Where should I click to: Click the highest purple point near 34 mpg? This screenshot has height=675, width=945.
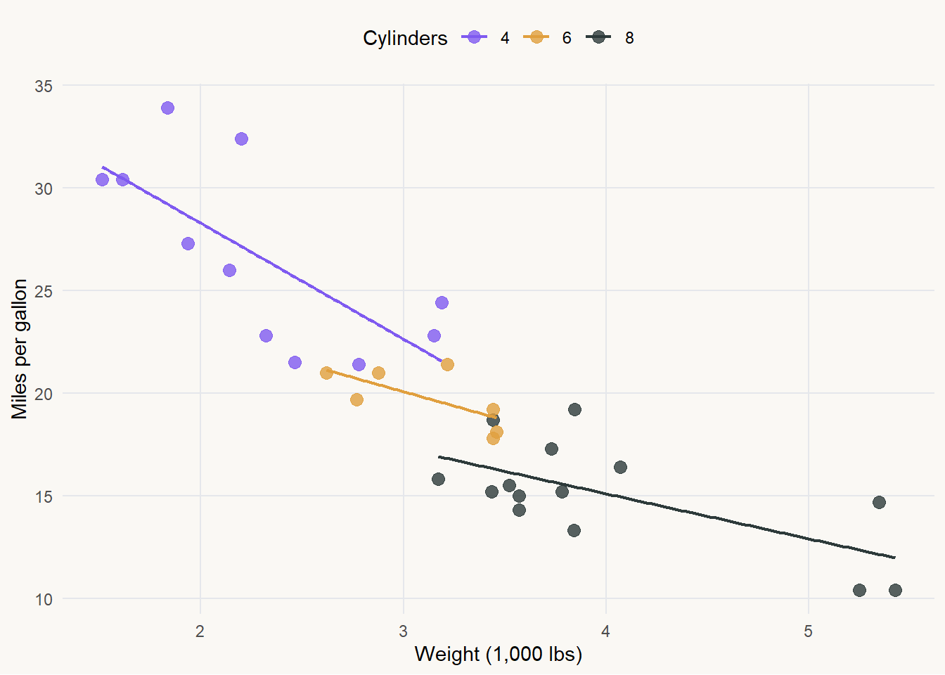pos(167,108)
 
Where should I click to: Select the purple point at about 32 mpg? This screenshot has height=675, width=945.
pos(241,139)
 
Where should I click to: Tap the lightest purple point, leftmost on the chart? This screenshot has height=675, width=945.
pos(102,180)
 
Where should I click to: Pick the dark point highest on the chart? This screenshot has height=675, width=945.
pos(574,410)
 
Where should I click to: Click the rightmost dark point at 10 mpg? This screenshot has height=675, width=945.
pos(895,590)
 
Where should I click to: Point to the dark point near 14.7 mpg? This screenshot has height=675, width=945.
pos(879,502)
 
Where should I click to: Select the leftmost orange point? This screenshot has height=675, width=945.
pos(326,373)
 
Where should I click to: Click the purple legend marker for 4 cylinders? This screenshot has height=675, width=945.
pos(475,37)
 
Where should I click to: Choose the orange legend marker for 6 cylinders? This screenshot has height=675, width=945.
pos(536,37)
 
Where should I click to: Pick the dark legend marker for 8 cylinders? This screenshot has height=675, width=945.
pos(598,37)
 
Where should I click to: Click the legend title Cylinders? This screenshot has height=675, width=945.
pos(405,38)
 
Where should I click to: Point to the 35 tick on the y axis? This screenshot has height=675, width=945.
pos(44,86)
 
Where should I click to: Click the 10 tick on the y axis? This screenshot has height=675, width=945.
pos(44,599)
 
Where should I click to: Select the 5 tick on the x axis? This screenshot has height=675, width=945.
pos(808,631)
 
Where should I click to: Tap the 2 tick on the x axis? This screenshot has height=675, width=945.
pos(200,631)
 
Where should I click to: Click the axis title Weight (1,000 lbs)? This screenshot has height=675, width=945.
pos(499,655)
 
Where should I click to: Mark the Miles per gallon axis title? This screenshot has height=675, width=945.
pos(20,349)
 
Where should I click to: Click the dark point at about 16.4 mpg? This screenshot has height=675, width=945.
pos(620,468)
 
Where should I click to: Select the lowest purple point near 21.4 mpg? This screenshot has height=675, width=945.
pos(359,364)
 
